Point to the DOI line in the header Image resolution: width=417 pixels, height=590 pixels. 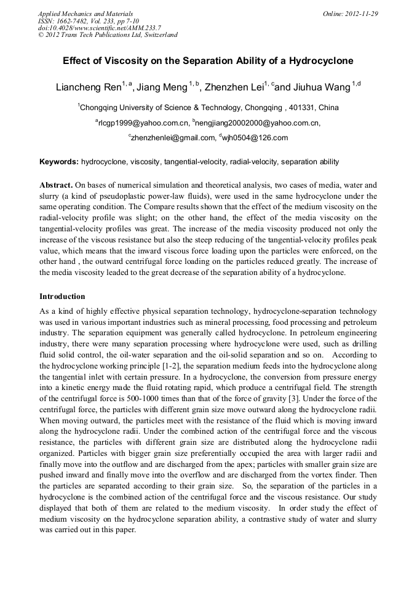[x=99, y=28]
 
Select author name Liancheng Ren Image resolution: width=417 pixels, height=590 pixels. [x=89, y=87]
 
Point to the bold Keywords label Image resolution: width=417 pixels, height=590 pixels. [x=59, y=162]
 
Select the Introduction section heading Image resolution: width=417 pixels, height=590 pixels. [x=62, y=297]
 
